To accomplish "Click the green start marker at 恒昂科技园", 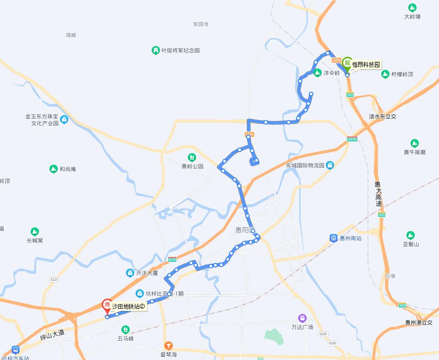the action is coord(347,63).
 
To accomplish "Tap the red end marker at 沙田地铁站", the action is coord(107,305).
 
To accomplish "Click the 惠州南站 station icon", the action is coord(334,238).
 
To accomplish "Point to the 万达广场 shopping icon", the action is coord(302,318).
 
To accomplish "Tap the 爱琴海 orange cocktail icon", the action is coord(169,345).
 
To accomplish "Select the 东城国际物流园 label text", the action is coord(305,165).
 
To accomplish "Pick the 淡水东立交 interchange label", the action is coord(383,116).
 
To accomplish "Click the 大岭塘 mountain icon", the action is coord(412,8).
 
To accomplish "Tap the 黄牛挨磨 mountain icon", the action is coord(415,143).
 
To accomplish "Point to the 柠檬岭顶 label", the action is coord(402,74).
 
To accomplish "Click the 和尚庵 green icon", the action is coord(54,169).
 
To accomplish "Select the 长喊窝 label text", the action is coord(35,240).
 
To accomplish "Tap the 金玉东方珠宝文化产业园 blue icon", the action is coord(64,120).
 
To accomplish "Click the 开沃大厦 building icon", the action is coord(130,273).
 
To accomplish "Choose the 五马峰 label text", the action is coord(125,338).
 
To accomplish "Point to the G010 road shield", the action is coord(352,139).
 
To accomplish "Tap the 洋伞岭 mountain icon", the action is coord(317,73).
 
